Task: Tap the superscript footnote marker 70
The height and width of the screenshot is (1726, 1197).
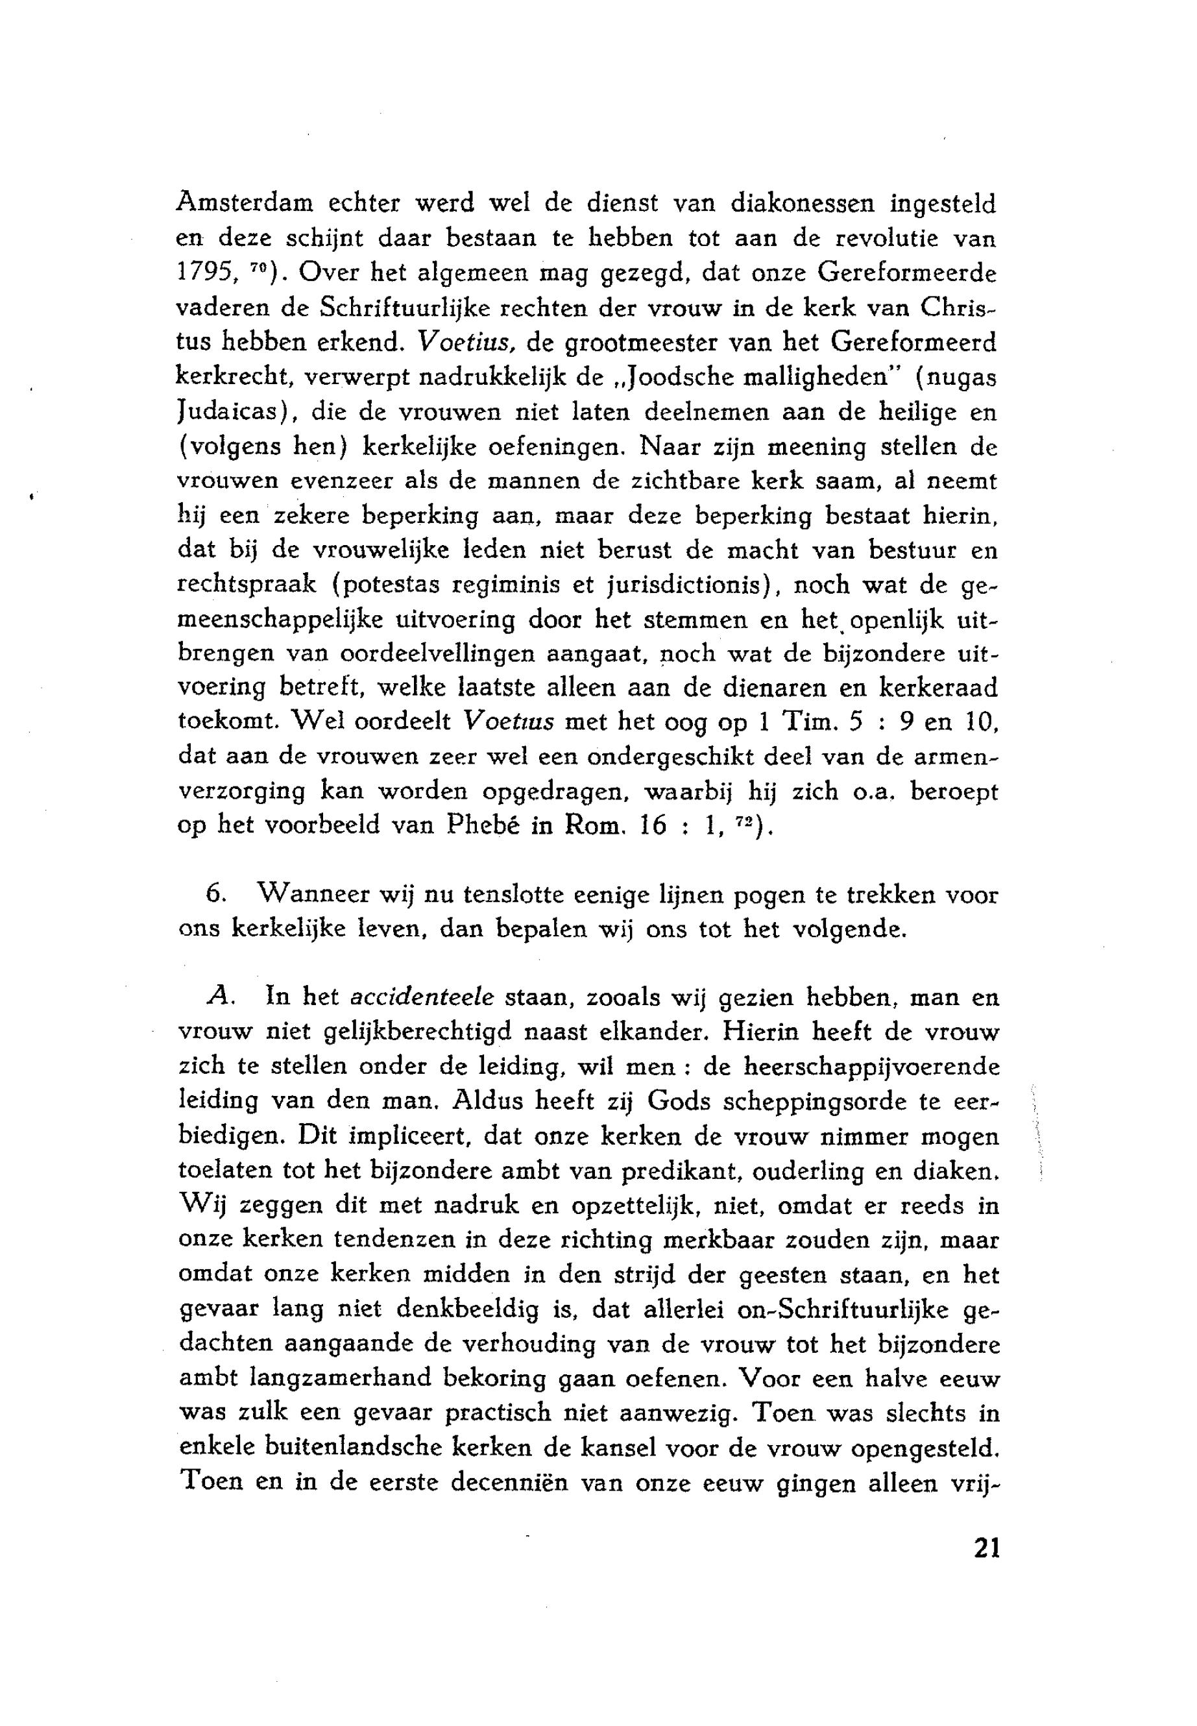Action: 253,267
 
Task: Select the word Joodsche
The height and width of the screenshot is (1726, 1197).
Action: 681,377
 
